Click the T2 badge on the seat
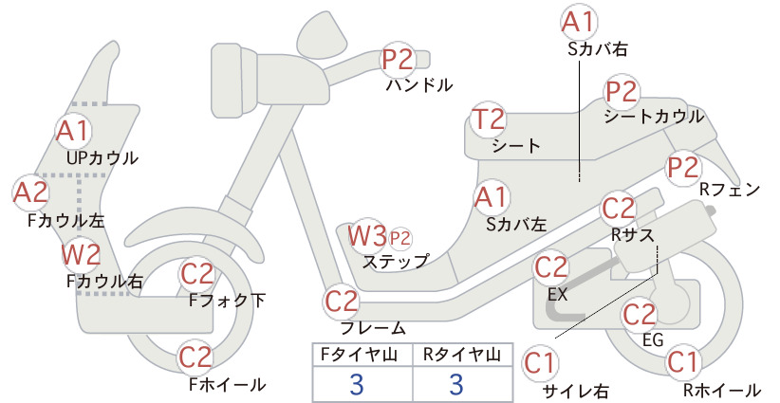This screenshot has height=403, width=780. pos(489,119)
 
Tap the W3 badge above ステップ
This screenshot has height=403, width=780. pos(367,235)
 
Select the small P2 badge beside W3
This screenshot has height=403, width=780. pos(399,239)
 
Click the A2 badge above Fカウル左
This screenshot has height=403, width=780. pos(29,192)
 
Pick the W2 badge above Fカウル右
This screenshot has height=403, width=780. pos(81,255)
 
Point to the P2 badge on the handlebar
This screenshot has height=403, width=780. pos(398,59)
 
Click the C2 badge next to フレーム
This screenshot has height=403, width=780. pos(342,302)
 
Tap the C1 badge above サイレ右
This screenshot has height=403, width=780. pos(540,364)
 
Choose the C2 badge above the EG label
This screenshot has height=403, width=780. pos(640,314)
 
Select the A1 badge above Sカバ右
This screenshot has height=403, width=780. pos(579,23)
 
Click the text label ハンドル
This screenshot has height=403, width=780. pos(419,85)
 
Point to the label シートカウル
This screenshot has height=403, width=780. pos(654,117)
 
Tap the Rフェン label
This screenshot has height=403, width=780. pos(730,190)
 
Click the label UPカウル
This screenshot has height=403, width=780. pos(102,158)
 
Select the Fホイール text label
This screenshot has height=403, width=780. pos(228,384)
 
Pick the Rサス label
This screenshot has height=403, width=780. pos(632,234)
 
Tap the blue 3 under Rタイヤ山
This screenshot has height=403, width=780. pos(456,384)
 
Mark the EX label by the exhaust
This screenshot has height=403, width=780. pos(557,294)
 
